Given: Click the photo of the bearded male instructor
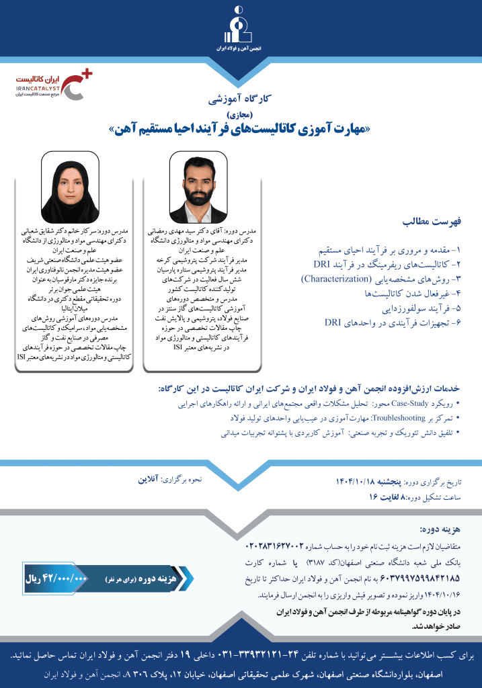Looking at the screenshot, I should [199, 186].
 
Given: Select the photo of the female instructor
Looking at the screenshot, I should [70, 187].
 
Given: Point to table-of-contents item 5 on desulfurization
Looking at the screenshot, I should [417, 308].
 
